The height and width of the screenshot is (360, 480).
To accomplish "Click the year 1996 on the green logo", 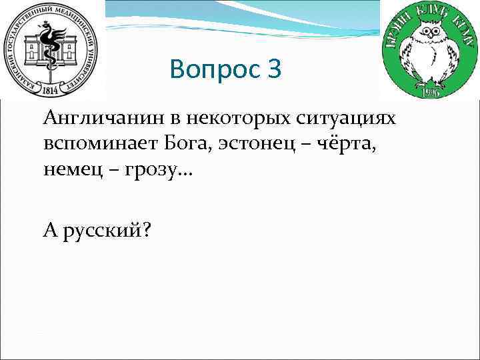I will click(429, 91).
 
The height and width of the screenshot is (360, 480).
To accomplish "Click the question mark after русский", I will click(145, 230).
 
